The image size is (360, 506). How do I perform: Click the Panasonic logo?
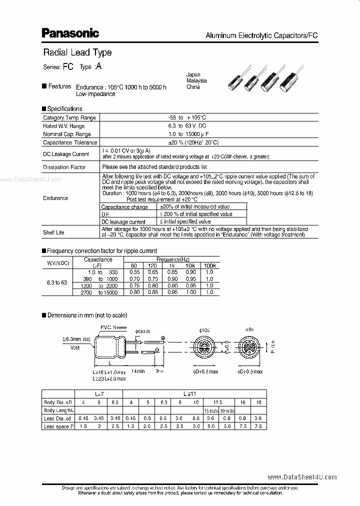(70, 33)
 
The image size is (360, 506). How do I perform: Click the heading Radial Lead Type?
(77, 52)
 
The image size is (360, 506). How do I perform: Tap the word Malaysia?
(196, 80)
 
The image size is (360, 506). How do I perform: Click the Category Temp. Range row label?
(69, 117)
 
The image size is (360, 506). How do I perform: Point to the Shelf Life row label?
(53, 232)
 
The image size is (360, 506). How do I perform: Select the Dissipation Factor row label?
(64, 167)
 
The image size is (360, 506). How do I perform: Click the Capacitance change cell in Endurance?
(124, 206)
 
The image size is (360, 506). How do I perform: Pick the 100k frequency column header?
(209, 265)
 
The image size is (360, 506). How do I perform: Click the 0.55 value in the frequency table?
(133, 272)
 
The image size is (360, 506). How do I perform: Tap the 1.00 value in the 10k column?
(190, 292)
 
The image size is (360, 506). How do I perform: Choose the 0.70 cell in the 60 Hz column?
(133, 278)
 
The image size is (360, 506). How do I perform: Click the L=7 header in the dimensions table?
(99, 393)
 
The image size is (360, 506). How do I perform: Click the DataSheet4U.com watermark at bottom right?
(302, 477)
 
